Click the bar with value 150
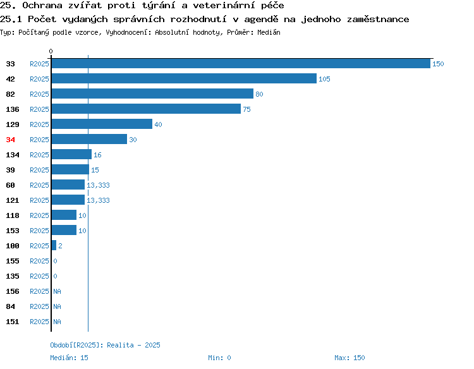coord(241,63)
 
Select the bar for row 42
coord(184,78)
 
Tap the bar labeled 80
coord(152,94)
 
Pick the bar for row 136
coord(147,109)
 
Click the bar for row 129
coord(102,124)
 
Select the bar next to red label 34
coord(89,139)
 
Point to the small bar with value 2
coord(54,245)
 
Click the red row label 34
coord(10,140)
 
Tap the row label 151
coord(13,322)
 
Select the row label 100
coord(13,246)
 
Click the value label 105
coord(324,79)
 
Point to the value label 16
coord(97,155)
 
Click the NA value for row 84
coord(57,306)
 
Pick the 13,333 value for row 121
coord(98,200)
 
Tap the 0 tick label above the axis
coord(51,51)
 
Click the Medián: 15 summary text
coord(70,358)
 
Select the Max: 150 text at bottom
coord(349,358)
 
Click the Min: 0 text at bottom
coord(219,358)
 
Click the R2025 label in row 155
coord(39,261)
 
